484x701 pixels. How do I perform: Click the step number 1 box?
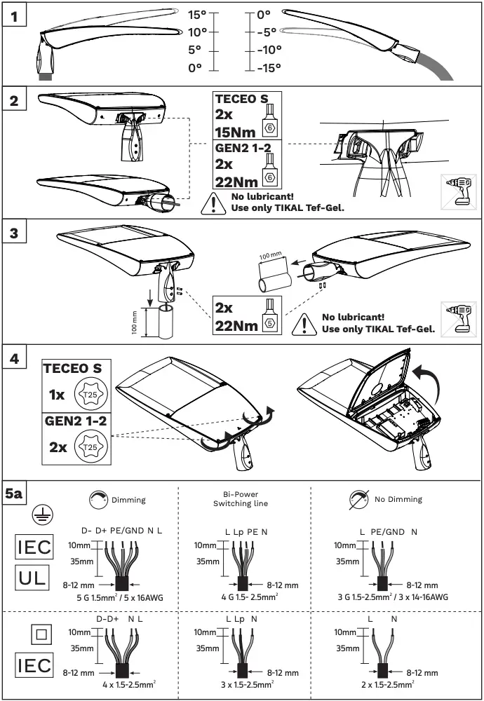15,14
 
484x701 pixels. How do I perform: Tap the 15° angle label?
197,14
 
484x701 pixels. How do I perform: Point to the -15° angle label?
267,67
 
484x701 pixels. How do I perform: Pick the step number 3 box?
15,233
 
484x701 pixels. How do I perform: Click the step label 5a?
15,494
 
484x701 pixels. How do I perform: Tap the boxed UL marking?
34,580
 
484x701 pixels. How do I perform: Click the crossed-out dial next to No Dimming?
360,499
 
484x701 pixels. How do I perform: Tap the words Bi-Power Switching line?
240,499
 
